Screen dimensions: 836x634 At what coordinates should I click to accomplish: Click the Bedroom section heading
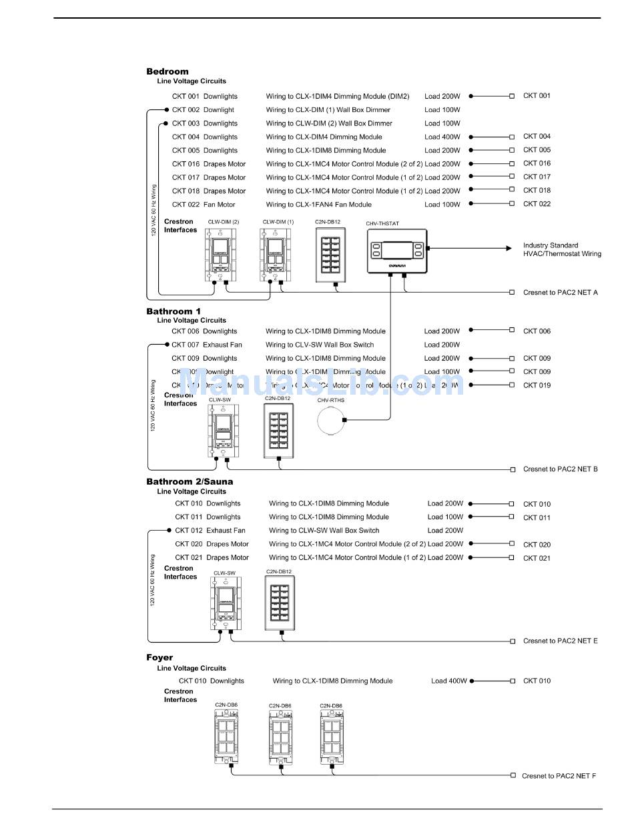tap(168, 71)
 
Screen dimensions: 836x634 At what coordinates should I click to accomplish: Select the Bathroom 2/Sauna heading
tap(190, 481)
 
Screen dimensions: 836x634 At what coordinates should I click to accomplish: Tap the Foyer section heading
tap(160, 657)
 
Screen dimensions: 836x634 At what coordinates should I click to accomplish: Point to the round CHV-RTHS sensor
tap(332, 421)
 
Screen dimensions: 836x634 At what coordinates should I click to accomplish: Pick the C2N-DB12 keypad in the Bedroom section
tap(331, 254)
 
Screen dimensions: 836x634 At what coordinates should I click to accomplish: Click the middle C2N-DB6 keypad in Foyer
tap(281, 737)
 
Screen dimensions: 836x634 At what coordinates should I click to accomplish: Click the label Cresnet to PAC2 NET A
tap(560, 293)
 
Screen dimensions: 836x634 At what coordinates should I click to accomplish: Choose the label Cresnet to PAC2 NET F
tap(559, 776)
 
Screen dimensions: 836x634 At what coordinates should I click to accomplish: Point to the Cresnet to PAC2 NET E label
tap(560, 641)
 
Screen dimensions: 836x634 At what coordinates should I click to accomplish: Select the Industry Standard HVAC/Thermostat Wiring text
tap(562, 249)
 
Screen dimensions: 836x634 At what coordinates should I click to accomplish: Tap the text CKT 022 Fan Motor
tap(204, 205)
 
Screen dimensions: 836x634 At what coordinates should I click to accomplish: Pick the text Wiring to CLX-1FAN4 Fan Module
tap(319, 205)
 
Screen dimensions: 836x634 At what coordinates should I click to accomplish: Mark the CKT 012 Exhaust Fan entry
tap(210, 531)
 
